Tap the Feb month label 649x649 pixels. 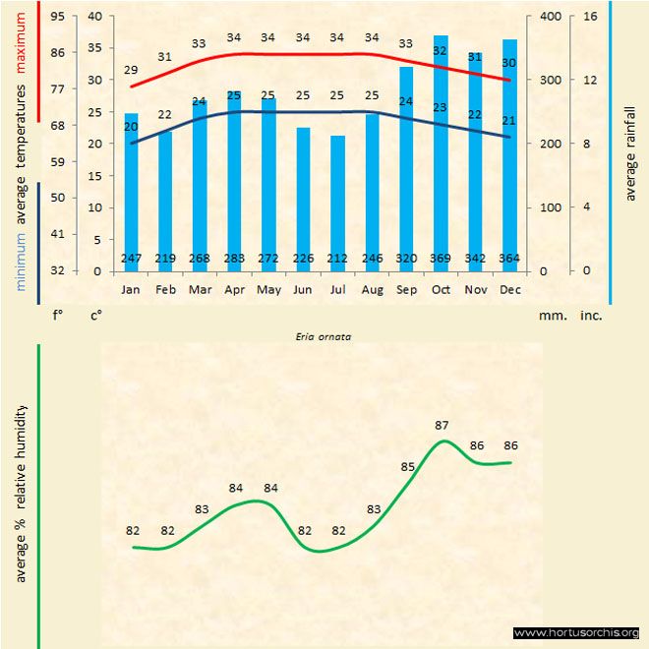coord(165,290)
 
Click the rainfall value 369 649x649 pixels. coord(441,259)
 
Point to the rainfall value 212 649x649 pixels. coord(337,259)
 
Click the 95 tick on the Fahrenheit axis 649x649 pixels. coord(58,17)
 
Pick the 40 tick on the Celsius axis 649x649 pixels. coord(94,17)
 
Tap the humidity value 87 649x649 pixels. coord(442,426)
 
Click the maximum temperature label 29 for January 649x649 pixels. coord(131,71)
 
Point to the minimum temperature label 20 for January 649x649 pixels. coord(131,127)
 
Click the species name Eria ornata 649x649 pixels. coord(324,335)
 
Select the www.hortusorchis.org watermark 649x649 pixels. coord(576,632)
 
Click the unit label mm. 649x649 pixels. coord(550,316)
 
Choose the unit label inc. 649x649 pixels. coord(591,316)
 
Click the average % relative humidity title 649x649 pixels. coord(22,492)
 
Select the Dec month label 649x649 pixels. coord(509,290)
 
